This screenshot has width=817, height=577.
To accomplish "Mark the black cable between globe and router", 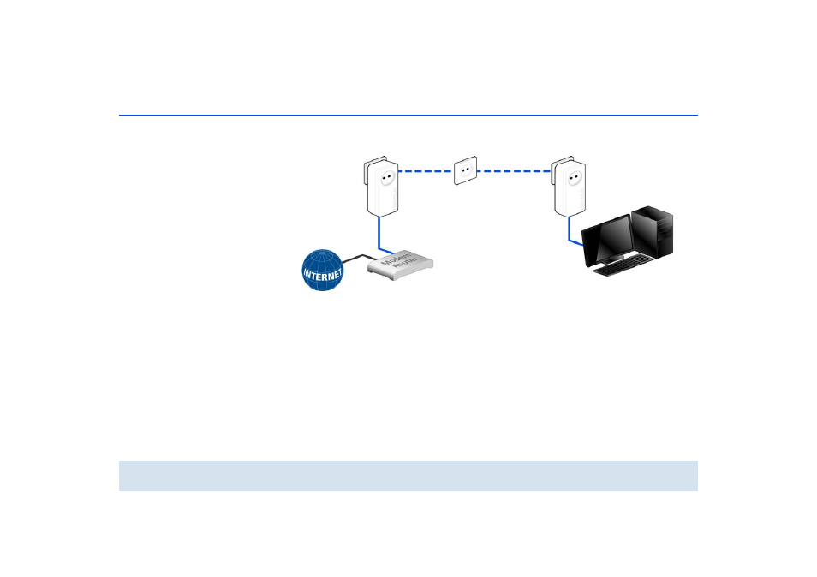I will pos(358,257).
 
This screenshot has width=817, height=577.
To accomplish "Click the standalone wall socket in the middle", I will pos(463,171).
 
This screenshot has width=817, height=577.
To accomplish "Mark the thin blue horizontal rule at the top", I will pos(408,115).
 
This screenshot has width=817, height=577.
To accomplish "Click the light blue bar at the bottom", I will pos(408,475).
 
